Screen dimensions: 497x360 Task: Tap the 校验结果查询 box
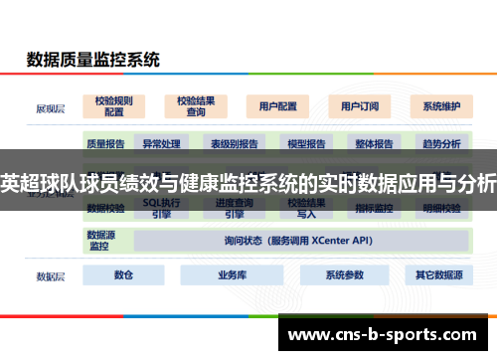click(197, 106)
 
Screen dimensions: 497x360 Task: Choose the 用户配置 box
click(277, 106)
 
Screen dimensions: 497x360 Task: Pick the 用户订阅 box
click(358, 106)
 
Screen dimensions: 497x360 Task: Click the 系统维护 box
click(440, 106)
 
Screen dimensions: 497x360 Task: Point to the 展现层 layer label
click(50, 106)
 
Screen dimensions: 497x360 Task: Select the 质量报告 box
click(105, 144)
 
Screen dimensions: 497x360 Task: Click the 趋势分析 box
click(441, 144)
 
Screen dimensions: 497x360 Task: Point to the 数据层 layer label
click(50, 275)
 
